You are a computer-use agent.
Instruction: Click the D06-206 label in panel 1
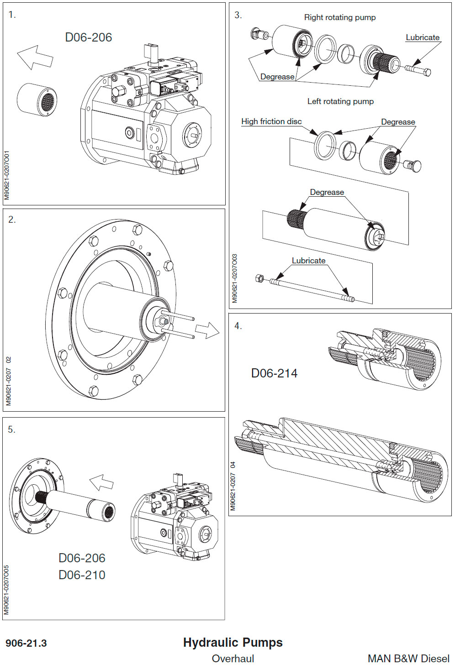coord(89,37)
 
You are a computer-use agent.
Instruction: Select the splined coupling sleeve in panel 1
coord(37,99)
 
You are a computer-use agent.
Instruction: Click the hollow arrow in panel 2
coord(207,330)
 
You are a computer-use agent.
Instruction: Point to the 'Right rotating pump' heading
coord(340,17)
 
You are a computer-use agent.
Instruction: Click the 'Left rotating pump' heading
coord(340,101)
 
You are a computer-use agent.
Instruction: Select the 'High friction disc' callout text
coord(271,121)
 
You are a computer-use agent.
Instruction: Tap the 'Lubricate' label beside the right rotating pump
coord(423,37)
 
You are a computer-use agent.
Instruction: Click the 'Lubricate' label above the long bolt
coord(309,261)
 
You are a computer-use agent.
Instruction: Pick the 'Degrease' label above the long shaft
coord(327,192)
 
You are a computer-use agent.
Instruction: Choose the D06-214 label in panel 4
coord(274,373)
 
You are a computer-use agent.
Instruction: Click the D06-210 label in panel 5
coord(82,575)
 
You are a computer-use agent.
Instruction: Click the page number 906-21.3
coord(26,644)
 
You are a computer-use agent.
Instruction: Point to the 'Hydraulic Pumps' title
coord(233,643)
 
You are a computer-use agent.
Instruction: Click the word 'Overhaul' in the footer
coord(233,659)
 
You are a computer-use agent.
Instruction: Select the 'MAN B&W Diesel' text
coord(408,659)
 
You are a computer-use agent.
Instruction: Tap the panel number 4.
coord(238,326)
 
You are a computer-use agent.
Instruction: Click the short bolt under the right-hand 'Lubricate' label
coord(418,70)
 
